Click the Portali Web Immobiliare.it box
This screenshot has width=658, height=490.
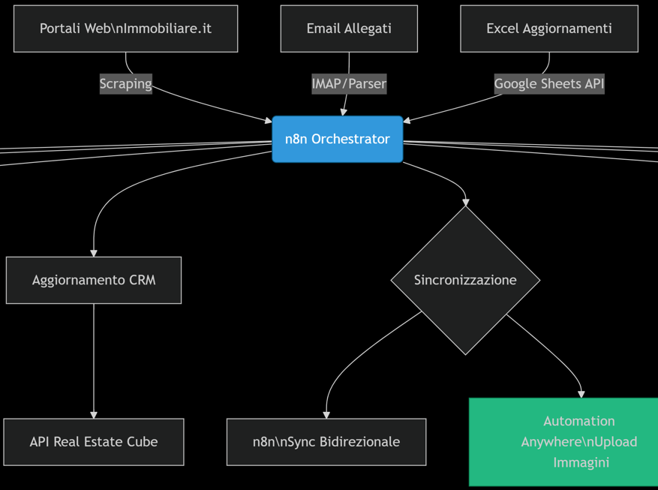125,29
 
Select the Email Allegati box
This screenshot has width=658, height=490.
349,29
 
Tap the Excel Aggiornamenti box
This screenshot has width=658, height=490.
549,29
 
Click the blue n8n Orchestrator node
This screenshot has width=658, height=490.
338,139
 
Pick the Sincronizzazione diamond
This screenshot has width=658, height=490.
465,280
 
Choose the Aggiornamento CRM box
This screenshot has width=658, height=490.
94,280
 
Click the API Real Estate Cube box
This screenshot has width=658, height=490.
94,442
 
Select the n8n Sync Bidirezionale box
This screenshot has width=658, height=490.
326,442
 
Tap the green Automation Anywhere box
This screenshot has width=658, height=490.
563,442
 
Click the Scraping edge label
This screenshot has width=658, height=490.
125,84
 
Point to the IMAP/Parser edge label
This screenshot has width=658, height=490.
349,84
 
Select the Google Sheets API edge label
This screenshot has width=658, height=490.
549,84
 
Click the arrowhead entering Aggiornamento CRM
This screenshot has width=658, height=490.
94,253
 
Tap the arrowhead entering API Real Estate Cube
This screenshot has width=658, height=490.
94,415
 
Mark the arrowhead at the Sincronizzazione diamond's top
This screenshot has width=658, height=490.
465,203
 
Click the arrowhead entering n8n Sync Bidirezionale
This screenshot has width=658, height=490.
326,415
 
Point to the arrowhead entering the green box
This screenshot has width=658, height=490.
581,395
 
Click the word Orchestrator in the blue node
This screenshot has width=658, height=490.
350,139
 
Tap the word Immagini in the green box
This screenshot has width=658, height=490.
581,462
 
